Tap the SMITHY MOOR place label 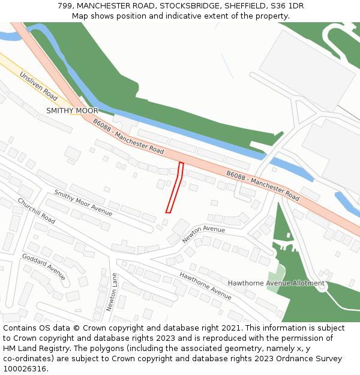72,111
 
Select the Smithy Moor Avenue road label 83,202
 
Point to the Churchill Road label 36,211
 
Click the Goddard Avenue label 43,266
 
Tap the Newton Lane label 112,292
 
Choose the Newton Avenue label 203,233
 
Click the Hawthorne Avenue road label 205,286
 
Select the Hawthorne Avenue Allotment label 276,283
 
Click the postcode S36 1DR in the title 287,6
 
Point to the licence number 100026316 25,369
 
